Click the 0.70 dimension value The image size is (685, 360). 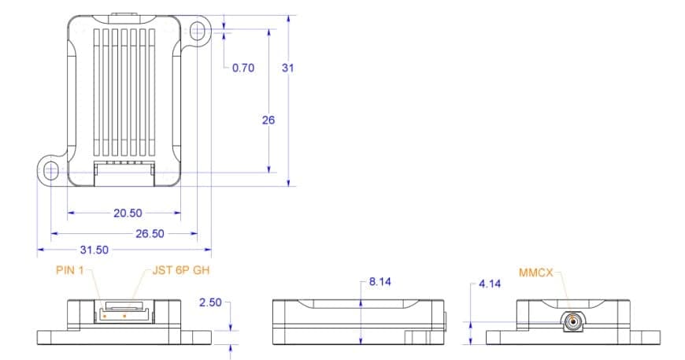tap(243, 68)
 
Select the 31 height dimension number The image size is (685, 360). tap(288, 68)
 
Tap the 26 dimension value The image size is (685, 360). tap(268, 120)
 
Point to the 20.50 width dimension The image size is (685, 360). tap(128, 213)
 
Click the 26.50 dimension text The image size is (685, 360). tap(150, 233)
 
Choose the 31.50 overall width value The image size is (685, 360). tap(94, 250)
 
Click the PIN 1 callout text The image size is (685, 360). tap(69, 270)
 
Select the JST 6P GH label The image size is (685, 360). tap(181, 270)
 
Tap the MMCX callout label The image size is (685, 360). tap(535, 273)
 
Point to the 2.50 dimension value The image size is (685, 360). tap(210, 302)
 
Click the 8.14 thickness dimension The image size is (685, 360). tap(380, 282)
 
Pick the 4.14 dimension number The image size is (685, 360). tap(490, 284)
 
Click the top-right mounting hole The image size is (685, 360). tap(198, 31)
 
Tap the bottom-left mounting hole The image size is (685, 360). tap(51, 171)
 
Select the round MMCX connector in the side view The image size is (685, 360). tap(572, 322)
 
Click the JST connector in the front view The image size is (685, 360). tap(124, 312)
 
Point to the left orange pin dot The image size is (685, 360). tap(105, 315)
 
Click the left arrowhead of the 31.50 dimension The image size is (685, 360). tap(41, 250)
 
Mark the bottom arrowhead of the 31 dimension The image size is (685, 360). tap(288, 182)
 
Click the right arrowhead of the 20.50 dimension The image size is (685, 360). tap(177, 213)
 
